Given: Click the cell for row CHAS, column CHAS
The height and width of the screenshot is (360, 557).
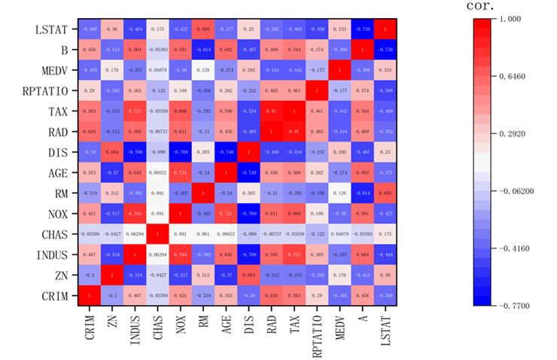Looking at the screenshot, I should pyautogui.click(x=156, y=234).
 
